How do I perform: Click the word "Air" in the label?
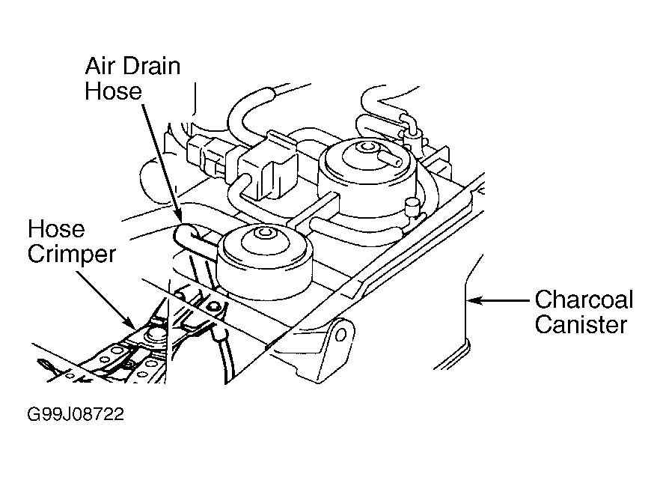coord(99,67)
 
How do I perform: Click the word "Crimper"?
coord(72,255)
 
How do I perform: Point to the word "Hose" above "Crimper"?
coord(56,230)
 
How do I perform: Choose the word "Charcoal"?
coord(584,301)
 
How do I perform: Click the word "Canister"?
coord(581,326)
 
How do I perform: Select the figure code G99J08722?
coord(73,414)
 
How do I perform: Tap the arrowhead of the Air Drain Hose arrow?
coord(179,220)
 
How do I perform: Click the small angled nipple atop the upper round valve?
coord(387,157)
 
